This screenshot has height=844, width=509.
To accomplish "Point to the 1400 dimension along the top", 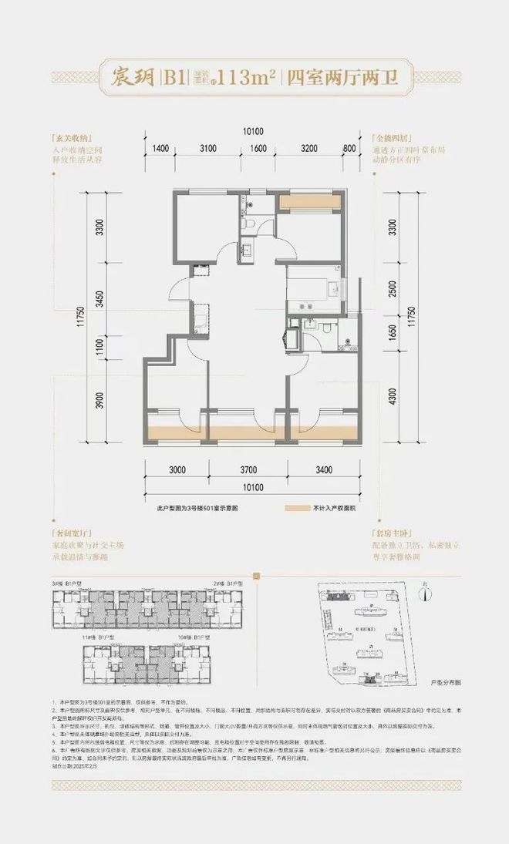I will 160,149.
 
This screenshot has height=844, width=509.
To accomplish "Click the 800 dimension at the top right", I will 349,149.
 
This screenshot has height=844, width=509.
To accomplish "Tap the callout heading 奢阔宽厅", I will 69,532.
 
